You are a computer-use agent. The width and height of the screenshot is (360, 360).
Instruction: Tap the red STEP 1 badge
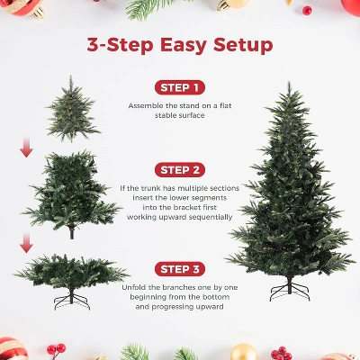180,87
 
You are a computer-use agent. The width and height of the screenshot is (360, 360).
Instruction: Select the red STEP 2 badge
180,169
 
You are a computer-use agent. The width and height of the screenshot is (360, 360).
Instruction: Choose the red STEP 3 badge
180,268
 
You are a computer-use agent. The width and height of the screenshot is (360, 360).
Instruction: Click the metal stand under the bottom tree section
72,296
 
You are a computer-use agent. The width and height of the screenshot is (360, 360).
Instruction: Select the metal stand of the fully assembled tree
290,290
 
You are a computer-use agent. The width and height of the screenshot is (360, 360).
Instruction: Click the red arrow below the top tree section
27,147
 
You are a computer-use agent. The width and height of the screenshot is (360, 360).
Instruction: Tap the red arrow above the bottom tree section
27,241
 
